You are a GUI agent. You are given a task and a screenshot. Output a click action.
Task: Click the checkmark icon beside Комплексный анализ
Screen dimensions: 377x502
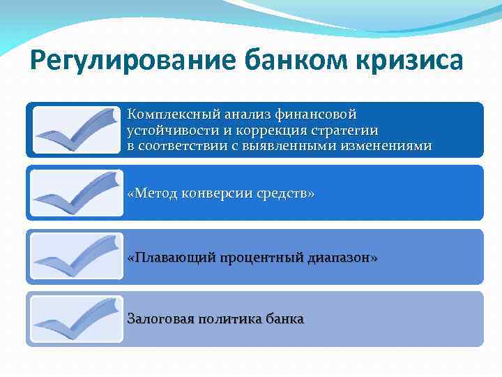[x=77, y=131]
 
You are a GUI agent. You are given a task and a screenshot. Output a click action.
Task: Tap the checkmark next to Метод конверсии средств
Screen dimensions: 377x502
[x=77, y=193]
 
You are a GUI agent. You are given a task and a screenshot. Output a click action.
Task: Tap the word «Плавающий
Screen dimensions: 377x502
[x=171, y=258]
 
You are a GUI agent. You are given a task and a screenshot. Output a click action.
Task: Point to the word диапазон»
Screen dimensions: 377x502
[x=342, y=258]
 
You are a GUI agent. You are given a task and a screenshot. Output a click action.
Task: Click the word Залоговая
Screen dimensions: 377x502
[x=160, y=319]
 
